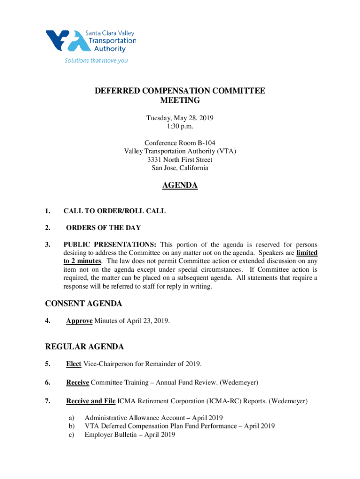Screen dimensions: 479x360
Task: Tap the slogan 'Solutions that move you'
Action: (x=96, y=61)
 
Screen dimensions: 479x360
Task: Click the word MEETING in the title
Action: (x=180, y=101)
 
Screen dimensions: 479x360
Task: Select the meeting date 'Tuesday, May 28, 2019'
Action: (x=180, y=117)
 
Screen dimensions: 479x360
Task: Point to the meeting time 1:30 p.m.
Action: (x=180, y=126)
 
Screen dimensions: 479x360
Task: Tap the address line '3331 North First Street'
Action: (x=180, y=160)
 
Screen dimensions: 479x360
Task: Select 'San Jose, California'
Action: (x=180, y=168)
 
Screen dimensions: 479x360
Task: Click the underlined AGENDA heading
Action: (x=180, y=186)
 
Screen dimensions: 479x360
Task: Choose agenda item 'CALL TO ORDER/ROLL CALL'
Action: (x=114, y=211)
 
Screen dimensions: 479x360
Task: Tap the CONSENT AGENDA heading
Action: (x=84, y=304)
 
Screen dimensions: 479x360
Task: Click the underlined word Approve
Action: (x=79, y=321)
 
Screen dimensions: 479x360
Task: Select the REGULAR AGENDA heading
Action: (x=85, y=347)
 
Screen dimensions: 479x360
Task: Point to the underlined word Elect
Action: (x=74, y=364)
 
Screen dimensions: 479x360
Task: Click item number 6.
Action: (x=48, y=383)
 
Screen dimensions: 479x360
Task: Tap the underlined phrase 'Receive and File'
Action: (x=91, y=401)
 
